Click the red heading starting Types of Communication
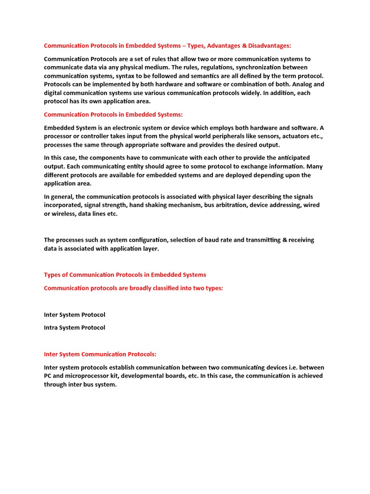coord(125,274)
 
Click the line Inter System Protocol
coord(75,315)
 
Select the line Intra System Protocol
coord(75,328)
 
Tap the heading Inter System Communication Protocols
coord(100,354)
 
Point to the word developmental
coord(144,376)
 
